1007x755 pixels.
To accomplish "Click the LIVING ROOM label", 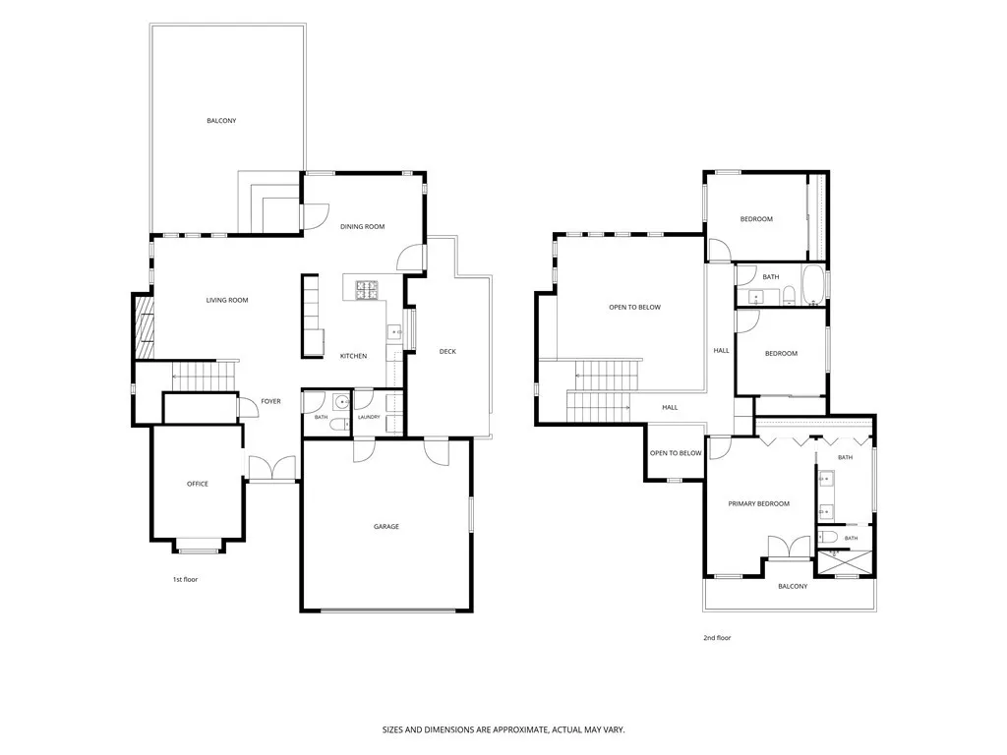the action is click(227, 300).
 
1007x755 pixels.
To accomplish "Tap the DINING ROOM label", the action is click(362, 227).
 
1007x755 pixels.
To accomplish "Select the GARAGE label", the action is click(385, 527).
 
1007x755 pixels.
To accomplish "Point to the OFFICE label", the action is click(197, 484).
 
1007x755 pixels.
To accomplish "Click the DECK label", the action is click(447, 351).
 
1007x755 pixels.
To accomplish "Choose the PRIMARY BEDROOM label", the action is click(758, 504).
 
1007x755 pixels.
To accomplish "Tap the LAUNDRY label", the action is click(369, 417).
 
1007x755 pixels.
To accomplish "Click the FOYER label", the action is click(270, 401).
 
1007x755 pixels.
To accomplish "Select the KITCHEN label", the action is click(353, 356).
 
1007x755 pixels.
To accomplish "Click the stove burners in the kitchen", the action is click(368, 290).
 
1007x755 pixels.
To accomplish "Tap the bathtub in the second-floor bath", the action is click(812, 284).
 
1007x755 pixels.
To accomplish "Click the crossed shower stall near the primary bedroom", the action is click(845, 562).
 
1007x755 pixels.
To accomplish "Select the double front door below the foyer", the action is click(272, 468).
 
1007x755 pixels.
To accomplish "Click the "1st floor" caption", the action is click(185, 580).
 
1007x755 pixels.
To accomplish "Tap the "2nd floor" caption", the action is click(717, 638).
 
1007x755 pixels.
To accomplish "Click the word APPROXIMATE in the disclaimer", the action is click(514, 730).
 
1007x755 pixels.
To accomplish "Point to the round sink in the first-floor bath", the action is click(341, 403).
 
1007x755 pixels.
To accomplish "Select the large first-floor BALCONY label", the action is click(221, 121).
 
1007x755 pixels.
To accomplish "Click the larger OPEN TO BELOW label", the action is click(634, 308).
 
